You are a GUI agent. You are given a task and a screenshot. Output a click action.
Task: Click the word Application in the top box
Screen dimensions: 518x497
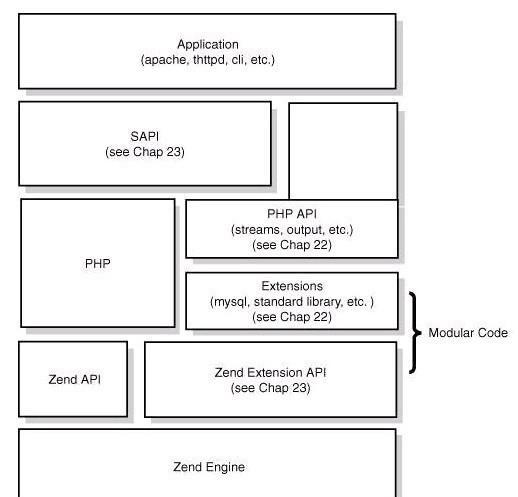[208, 45]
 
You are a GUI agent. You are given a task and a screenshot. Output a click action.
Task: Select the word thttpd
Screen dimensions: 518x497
[209, 60]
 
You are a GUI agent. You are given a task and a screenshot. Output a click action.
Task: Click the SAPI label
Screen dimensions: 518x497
[145, 136]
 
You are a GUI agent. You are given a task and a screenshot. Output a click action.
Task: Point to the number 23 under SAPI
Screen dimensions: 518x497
[173, 152]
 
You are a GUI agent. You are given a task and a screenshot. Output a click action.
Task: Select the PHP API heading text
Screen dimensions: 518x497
[292, 214]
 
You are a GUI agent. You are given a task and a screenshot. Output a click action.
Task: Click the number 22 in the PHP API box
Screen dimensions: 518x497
[321, 245]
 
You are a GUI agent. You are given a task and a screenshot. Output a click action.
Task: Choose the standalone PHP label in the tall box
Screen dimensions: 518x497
[98, 264]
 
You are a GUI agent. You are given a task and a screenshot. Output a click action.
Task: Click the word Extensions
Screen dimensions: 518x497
[292, 286]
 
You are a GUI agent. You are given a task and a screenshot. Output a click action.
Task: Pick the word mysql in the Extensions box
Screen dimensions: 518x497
[231, 302]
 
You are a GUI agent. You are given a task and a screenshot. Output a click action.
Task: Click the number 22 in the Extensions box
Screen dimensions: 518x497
[321, 317]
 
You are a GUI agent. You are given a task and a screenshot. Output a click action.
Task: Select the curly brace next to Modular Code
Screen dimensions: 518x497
[415, 333]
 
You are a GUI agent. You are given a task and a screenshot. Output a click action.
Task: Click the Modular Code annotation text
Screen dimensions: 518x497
[468, 333]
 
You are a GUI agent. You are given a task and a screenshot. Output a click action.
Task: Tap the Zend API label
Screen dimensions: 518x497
[75, 379]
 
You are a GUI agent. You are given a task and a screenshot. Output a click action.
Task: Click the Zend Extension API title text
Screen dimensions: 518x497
[270, 372]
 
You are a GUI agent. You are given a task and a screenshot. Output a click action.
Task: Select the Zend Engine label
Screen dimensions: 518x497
[209, 467]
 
